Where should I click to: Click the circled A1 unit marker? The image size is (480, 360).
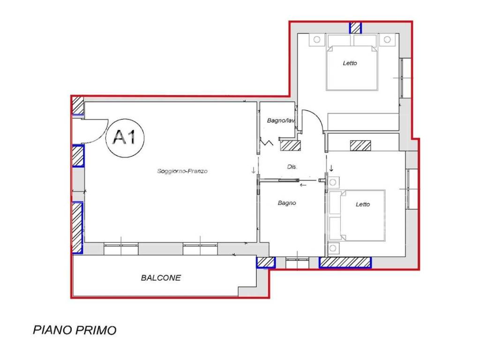[125, 138]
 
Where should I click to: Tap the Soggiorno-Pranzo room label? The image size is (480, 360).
[182, 171]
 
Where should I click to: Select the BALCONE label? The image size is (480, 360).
[161, 277]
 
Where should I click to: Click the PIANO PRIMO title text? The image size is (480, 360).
[75, 330]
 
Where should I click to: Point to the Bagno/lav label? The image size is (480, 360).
[281, 120]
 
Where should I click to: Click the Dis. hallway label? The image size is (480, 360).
[292, 167]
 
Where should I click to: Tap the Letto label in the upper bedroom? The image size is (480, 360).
[350, 63]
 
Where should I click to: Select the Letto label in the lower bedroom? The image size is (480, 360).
[363, 204]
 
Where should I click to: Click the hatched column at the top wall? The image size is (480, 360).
[356, 28]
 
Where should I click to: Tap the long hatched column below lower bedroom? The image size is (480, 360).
[345, 262]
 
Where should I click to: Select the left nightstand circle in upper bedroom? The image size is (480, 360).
[317, 39]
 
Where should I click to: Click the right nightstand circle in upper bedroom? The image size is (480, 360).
[387, 39]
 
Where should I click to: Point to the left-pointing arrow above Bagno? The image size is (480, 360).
[303, 185]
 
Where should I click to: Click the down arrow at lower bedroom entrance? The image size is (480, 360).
[331, 168]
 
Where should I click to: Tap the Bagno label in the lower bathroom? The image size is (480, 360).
[287, 202]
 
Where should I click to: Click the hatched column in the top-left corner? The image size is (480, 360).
[78, 105]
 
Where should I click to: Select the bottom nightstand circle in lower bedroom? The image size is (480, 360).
[333, 247]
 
